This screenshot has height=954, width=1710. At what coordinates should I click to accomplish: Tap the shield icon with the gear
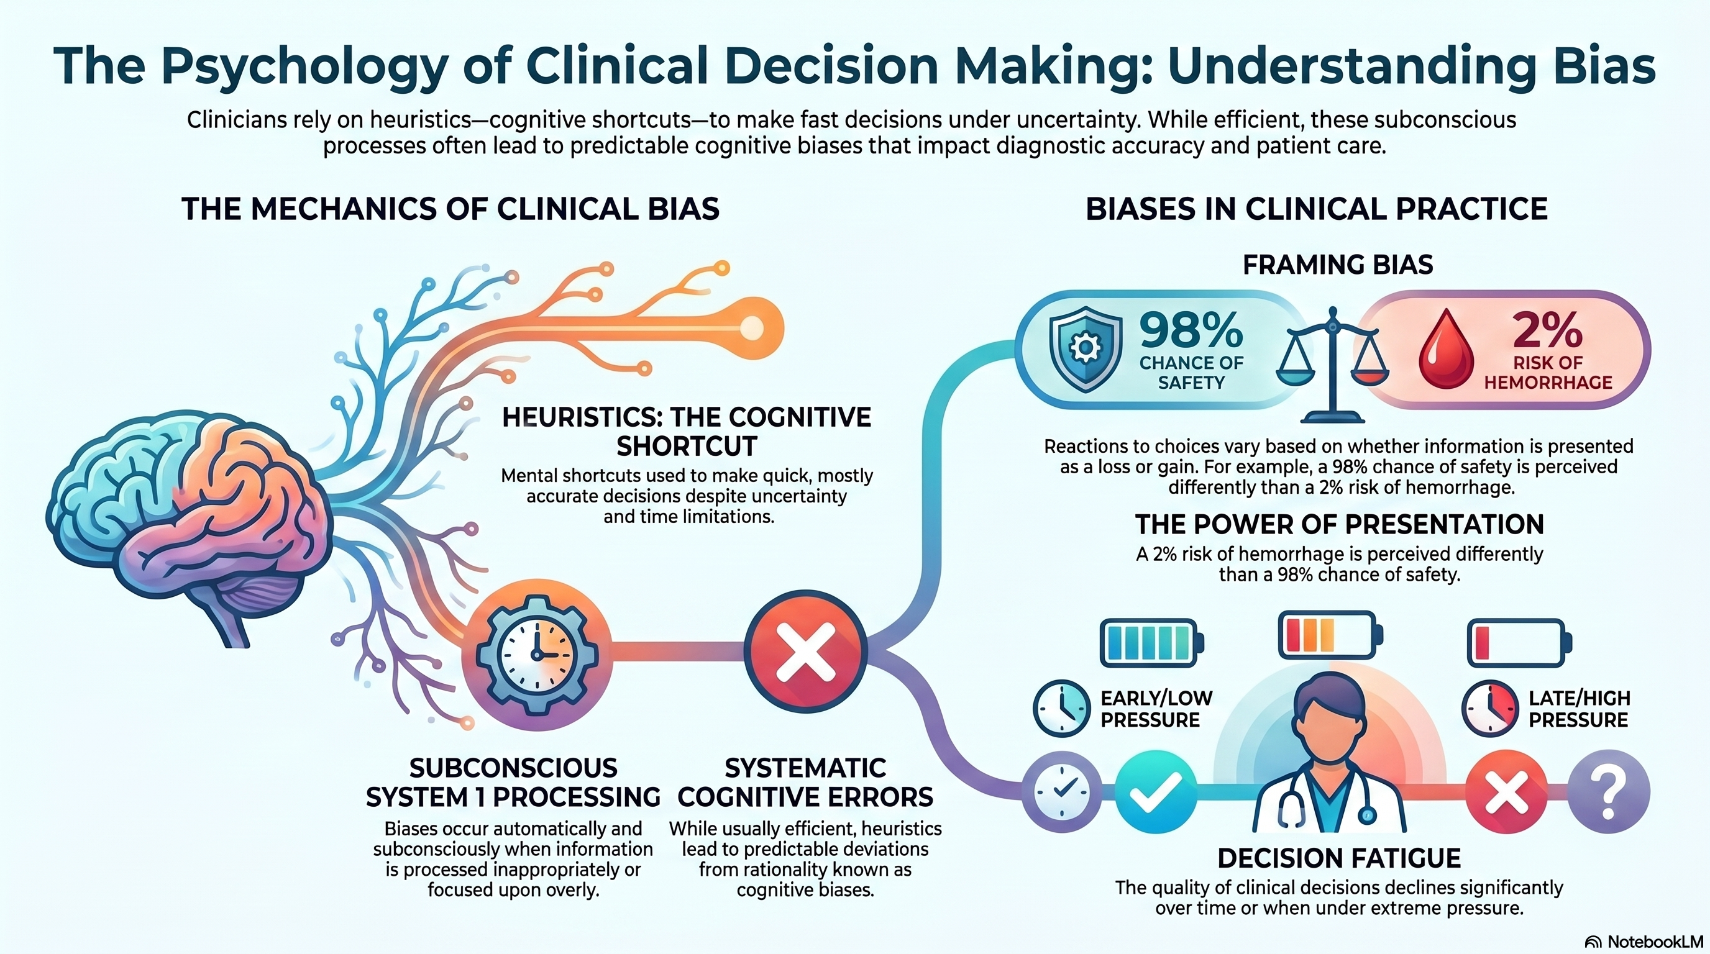tap(1086, 349)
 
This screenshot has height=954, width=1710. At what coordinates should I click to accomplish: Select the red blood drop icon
tap(1446, 351)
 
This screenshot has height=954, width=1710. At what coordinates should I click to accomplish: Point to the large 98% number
tap(1191, 330)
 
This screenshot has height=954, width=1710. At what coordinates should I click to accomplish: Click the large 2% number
tap(1547, 330)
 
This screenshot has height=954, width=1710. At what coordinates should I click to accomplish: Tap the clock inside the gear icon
tap(537, 653)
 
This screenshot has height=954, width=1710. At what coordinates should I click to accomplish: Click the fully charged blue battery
tap(1151, 642)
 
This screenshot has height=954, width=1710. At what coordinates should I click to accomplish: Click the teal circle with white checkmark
tap(1156, 791)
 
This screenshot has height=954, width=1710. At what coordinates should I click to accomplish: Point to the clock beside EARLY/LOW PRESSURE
tap(1061, 709)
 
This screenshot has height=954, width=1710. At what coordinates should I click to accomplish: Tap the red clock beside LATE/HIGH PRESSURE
tap(1489, 709)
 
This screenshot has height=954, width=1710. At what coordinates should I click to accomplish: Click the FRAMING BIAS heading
tap(1337, 265)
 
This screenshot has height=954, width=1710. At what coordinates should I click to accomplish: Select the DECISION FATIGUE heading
tap(1339, 858)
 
